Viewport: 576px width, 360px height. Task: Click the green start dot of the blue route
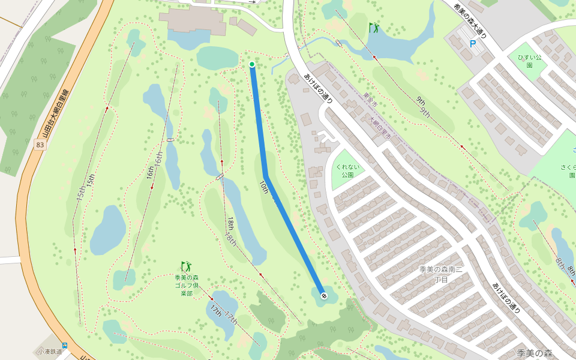click(252, 64)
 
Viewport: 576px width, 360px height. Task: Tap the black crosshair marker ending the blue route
click(324, 295)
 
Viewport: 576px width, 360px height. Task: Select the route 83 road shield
click(40, 145)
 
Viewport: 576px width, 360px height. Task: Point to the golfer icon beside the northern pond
click(374, 28)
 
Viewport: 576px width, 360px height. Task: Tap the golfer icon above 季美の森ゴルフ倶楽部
click(186, 265)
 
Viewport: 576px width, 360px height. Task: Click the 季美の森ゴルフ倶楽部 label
click(187, 286)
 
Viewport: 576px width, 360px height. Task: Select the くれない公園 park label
click(344, 170)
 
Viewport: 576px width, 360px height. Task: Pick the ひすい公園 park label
click(530, 61)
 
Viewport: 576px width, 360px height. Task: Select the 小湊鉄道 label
click(49, 352)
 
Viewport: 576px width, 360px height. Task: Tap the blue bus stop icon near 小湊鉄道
click(64, 346)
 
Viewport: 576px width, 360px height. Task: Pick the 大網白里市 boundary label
click(379, 128)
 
